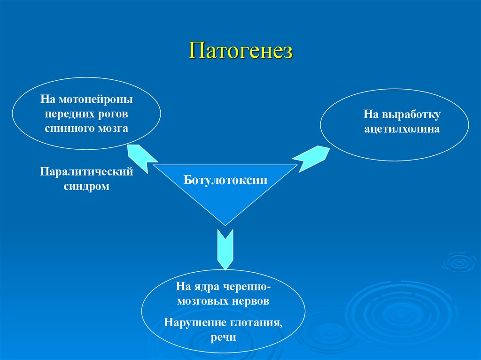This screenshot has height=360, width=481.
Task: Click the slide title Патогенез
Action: (240, 51)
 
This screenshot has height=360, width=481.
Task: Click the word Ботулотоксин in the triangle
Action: (225, 180)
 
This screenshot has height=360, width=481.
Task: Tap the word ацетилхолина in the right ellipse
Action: (402, 129)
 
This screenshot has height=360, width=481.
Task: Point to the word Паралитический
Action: (86, 172)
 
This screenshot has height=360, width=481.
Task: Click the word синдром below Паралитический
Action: (86, 186)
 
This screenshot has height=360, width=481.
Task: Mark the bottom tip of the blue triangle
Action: (225, 224)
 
